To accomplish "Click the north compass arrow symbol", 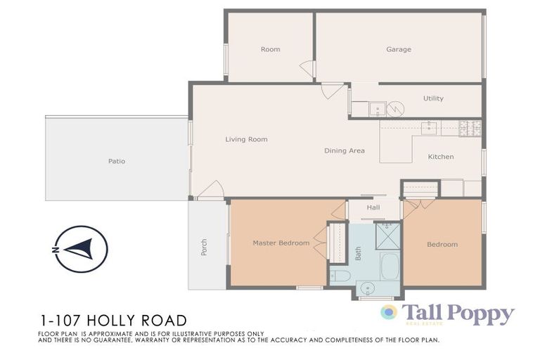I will [81, 249].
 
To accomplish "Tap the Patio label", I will [117, 161].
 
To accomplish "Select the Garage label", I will [398, 49].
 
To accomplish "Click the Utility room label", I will [433, 98].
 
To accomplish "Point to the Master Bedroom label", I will [281, 243].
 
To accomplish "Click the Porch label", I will [205, 247].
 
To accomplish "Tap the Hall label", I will [373, 207].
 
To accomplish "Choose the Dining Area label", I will [344, 150].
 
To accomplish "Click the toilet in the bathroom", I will [340, 276].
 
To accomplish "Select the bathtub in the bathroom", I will [390, 266].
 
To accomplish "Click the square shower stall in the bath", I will [387, 236].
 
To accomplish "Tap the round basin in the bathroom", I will [368, 288].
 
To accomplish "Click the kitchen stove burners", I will [470, 128].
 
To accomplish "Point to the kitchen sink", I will [429, 128].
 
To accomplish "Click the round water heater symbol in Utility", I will [396, 109].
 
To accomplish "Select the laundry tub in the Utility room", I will [377, 109].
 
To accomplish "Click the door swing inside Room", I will [307, 69].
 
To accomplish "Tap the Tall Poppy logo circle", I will [389, 312].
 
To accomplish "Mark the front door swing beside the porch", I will [211, 190].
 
